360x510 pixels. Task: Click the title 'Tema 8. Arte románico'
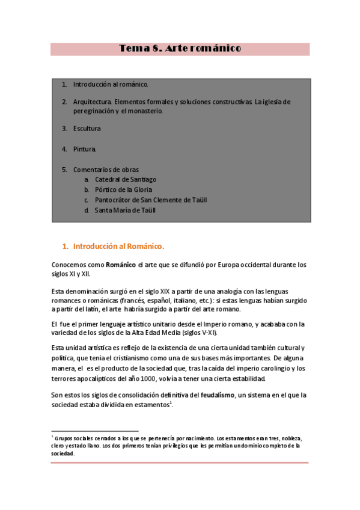180,48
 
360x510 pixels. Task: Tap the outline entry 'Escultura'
87,128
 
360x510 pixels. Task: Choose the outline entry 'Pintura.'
85,149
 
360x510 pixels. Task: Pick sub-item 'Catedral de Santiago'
126,179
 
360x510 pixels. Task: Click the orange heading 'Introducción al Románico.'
118,246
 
